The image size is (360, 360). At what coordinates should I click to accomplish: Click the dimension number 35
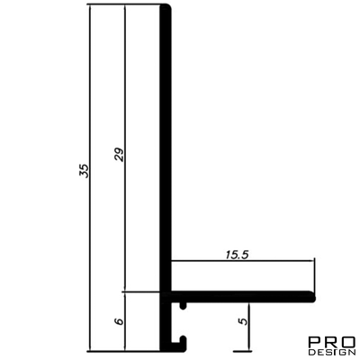pyautogui.click(x=83, y=172)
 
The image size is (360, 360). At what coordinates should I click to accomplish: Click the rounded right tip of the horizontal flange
pyautogui.click(x=314, y=293)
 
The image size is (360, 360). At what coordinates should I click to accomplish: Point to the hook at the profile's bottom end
pyautogui.click(x=181, y=342)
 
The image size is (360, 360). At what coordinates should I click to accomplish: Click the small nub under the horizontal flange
pyautogui.click(x=183, y=305)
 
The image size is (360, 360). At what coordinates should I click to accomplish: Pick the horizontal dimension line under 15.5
pyautogui.click(x=243, y=262)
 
